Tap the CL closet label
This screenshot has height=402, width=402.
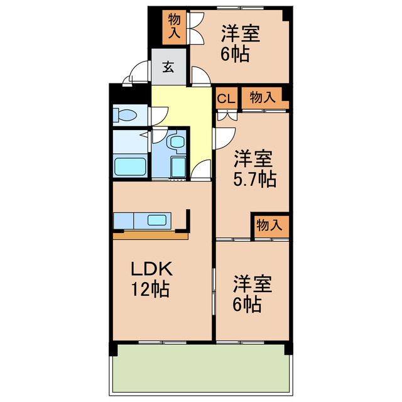(x=226, y=98)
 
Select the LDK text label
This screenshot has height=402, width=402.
(x=151, y=269)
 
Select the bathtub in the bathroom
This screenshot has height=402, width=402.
(x=130, y=167)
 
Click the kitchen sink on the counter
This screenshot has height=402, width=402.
(x=156, y=220)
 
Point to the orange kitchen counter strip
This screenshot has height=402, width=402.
(x=151, y=236)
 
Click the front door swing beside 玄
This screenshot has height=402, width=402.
(x=137, y=73)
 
